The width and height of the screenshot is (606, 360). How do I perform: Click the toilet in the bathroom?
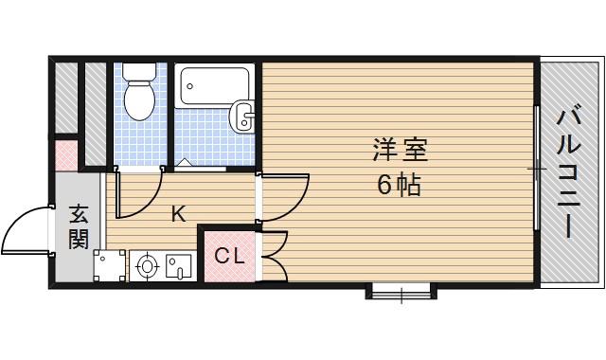(x=139, y=92)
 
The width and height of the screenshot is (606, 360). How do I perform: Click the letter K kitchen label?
(x=178, y=214)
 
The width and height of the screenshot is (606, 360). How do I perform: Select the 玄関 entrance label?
(x=78, y=227)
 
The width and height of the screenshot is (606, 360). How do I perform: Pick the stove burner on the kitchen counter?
(x=147, y=266)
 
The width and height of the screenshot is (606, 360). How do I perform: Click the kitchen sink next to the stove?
(x=177, y=266)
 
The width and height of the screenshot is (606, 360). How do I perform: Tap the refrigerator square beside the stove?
(x=109, y=265)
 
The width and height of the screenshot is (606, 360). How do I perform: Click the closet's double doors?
(x=275, y=254)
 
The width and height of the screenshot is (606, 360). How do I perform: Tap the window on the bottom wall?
(x=401, y=290)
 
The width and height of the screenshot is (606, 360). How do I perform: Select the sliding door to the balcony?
(x=536, y=171)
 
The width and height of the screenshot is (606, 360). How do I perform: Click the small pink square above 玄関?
(x=64, y=153)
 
